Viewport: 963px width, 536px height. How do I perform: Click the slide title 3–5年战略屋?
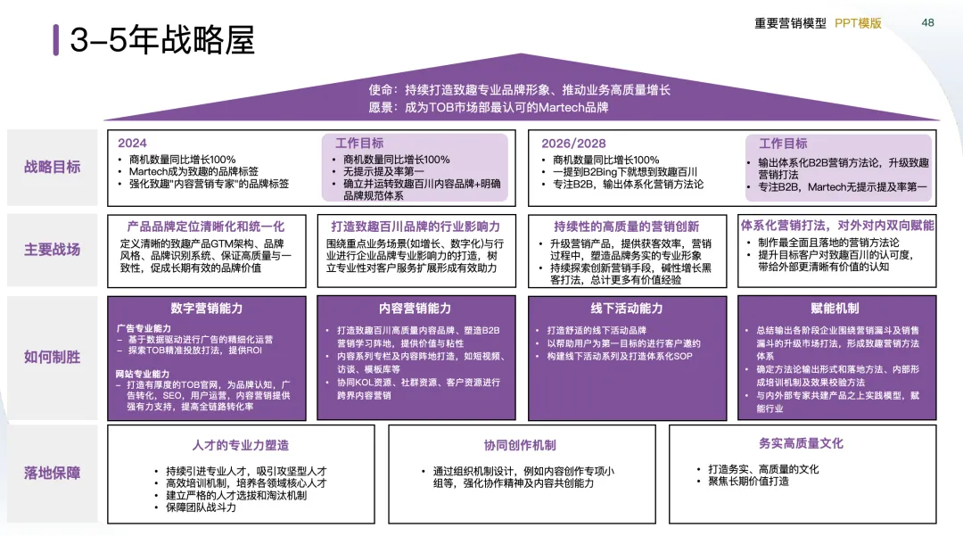click(x=162, y=40)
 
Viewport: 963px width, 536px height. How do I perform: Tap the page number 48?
click(x=928, y=22)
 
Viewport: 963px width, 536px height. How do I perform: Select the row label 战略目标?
click(x=53, y=167)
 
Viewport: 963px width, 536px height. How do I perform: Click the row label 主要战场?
click(x=53, y=250)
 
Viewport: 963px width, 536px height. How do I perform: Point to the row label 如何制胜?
click(x=53, y=357)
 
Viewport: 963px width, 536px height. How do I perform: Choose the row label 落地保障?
click(x=53, y=473)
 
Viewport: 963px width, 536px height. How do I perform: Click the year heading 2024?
click(x=132, y=143)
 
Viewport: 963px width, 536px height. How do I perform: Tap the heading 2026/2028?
click(x=573, y=143)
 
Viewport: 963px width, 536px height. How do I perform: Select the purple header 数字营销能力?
click(x=207, y=308)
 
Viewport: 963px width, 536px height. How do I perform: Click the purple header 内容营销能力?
click(x=416, y=308)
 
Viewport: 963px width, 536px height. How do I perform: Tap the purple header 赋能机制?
click(x=835, y=308)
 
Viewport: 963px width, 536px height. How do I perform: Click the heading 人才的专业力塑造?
click(x=241, y=445)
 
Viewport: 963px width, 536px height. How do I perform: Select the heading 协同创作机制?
click(x=520, y=445)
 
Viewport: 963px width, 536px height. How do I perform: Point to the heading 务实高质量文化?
click(x=801, y=443)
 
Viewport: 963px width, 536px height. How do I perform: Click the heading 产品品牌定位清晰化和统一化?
click(x=206, y=227)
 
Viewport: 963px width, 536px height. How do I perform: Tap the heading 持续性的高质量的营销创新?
click(x=626, y=227)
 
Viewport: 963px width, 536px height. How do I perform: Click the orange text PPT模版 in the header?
click(x=858, y=23)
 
